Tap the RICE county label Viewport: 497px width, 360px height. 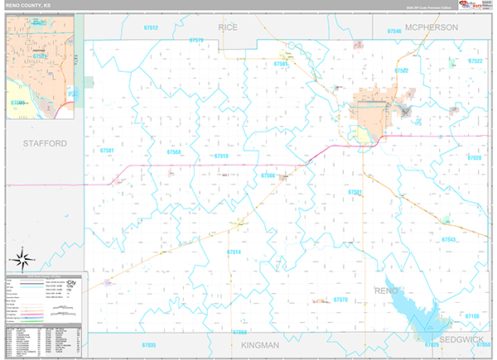coord(228,27)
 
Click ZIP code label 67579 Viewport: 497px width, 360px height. coord(196,40)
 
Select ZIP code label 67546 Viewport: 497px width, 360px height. coord(393,30)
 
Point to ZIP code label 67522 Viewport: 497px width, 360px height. coord(475,62)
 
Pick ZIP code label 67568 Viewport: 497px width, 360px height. coord(174,151)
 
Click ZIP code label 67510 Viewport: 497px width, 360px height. coord(221,156)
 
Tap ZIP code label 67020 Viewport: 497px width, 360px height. coord(474,157)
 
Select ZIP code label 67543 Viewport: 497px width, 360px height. coord(449,239)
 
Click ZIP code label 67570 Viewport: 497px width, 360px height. coord(340,299)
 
